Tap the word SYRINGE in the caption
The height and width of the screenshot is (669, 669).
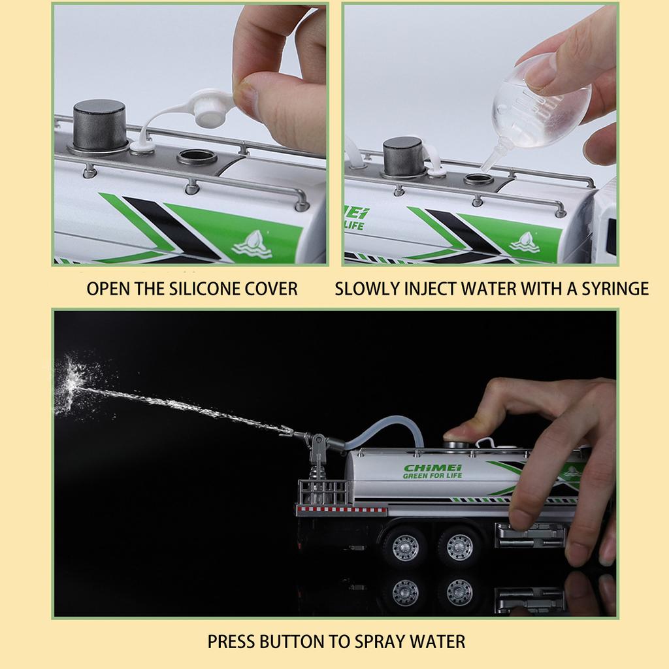click(x=615, y=289)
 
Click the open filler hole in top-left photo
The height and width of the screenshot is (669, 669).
click(x=197, y=157)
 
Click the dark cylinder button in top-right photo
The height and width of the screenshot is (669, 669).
click(x=403, y=156)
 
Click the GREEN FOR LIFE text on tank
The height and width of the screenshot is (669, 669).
click(x=432, y=476)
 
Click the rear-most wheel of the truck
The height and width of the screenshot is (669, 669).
click(x=404, y=547)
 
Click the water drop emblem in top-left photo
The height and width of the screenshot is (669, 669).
click(x=252, y=244)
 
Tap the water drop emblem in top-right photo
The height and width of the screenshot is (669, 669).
click(x=525, y=242)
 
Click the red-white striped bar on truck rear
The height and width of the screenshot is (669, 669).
click(x=342, y=509)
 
